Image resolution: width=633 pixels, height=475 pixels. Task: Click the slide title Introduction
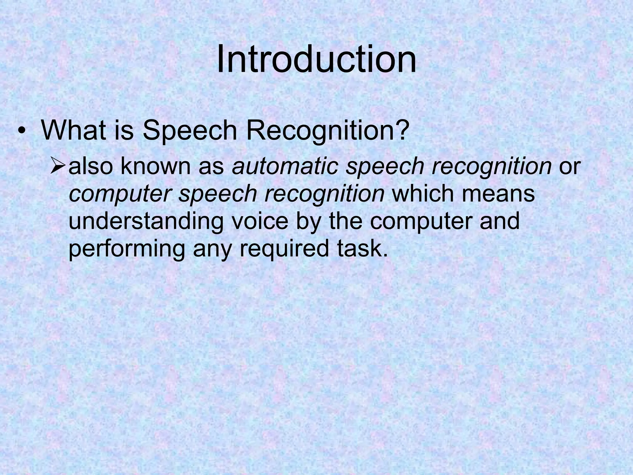click(316, 59)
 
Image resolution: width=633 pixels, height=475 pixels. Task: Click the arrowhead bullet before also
click(58, 166)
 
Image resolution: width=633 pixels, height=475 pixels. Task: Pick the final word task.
click(362, 249)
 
